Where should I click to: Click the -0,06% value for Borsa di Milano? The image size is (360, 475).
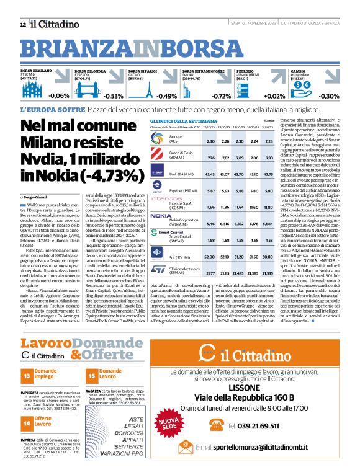(59, 96)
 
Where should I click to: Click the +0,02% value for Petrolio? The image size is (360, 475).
(274, 96)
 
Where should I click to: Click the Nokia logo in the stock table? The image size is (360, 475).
(161, 216)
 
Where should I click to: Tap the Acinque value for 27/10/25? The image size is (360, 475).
(210, 141)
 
